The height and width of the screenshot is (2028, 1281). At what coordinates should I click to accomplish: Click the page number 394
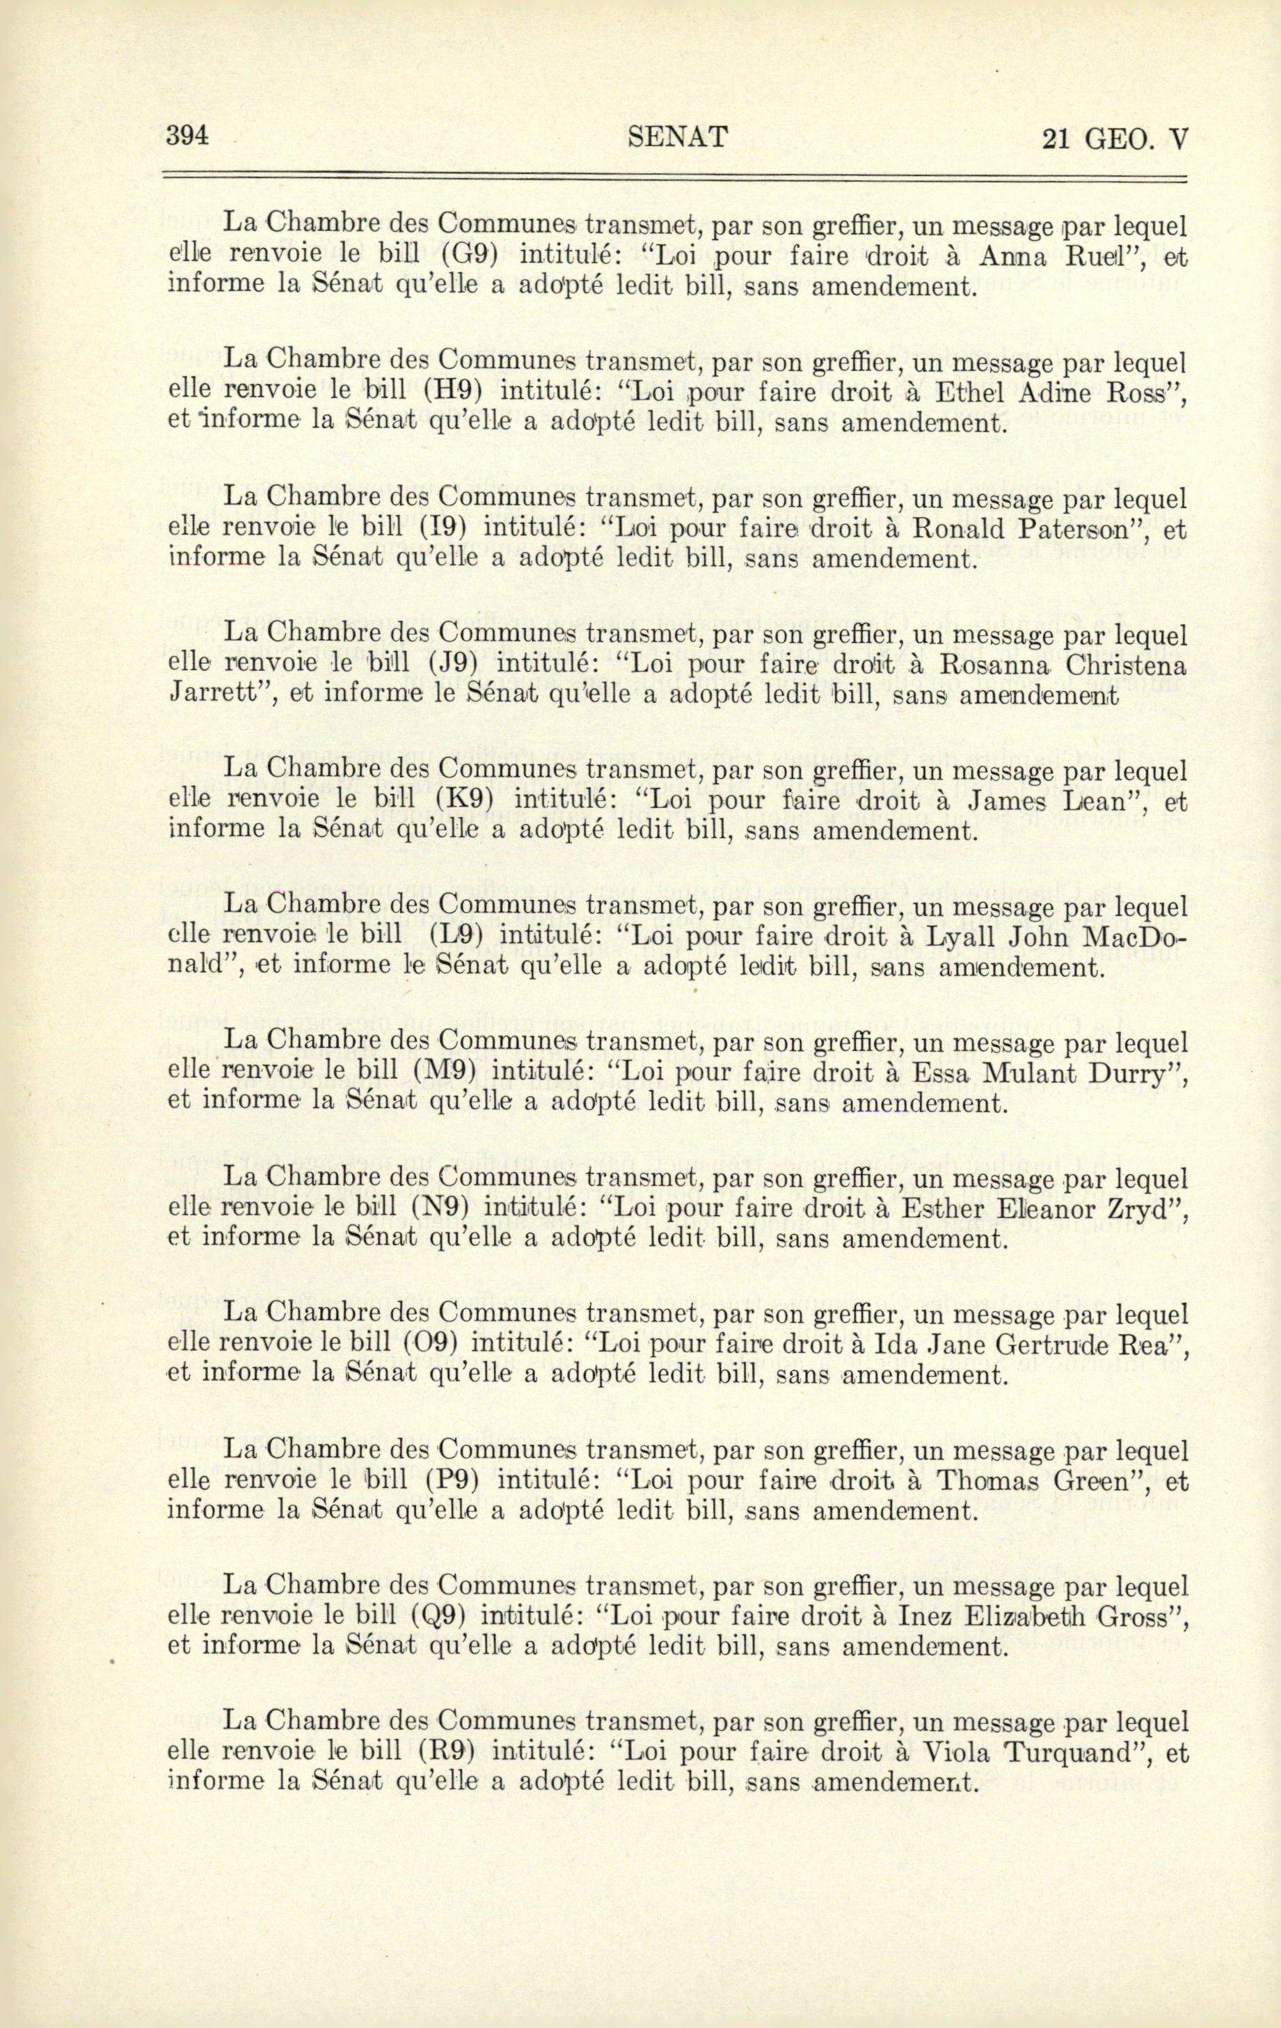188,136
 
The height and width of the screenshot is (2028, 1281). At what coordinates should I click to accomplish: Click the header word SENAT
678,136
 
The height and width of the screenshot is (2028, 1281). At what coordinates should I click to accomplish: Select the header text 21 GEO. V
1113,138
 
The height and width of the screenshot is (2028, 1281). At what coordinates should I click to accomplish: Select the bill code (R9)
447,1752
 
